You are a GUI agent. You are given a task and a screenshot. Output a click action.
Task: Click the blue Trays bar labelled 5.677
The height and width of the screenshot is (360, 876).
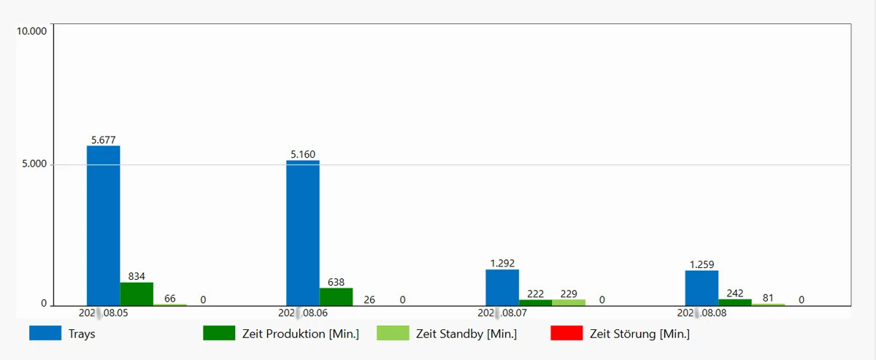(104, 225)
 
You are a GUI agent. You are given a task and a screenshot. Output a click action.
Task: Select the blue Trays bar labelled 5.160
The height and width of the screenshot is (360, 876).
(303, 232)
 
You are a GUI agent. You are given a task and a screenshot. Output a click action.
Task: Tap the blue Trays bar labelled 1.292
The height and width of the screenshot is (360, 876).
(502, 287)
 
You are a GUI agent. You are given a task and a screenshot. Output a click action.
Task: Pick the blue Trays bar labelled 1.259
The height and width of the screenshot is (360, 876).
(702, 288)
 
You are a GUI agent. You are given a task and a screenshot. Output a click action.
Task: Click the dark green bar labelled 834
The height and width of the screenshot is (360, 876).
(137, 294)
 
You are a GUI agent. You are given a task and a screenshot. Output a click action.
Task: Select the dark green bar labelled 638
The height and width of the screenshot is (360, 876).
(336, 296)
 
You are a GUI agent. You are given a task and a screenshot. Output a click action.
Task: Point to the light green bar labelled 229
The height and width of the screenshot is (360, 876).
(569, 302)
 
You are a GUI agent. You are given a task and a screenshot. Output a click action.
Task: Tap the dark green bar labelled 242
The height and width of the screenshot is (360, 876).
(735, 302)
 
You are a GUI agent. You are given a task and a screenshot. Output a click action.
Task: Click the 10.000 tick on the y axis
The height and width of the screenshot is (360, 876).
(31, 31)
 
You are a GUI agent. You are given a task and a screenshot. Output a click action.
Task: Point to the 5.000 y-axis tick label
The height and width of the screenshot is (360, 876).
(34, 164)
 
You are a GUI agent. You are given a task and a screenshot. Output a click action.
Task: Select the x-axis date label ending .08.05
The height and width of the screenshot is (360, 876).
(104, 313)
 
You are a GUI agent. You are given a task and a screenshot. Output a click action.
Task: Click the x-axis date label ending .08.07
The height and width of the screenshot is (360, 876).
(502, 313)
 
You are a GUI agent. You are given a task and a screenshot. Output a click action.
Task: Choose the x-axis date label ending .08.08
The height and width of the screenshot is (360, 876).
(702, 313)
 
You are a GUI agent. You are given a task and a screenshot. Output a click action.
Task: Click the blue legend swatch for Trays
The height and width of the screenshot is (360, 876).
(45, 334)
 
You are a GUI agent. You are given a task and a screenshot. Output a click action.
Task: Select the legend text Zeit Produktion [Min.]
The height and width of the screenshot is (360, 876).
(300, 334)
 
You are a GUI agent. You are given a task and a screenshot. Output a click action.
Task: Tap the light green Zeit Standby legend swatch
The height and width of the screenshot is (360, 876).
(393, 334)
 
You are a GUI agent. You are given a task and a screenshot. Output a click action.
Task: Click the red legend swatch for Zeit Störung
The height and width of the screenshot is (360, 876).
(566, 334)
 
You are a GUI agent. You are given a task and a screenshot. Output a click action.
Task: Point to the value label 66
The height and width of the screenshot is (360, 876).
(170, 299)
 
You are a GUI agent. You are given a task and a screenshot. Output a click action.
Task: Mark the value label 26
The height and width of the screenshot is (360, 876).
(369, 299)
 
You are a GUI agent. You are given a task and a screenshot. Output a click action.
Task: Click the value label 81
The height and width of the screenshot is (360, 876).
(768, 298)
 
